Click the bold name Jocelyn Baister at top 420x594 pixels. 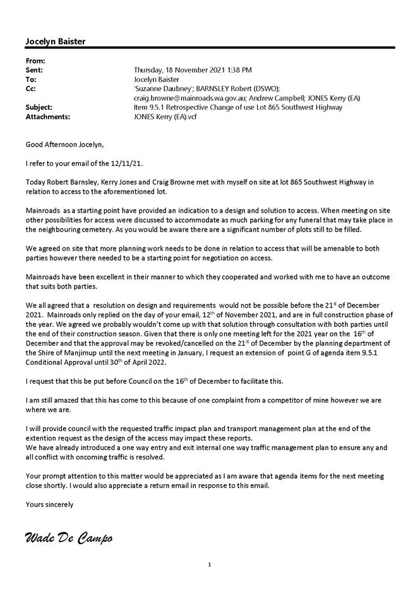click(x=56, y=42)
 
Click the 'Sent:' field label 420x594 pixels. click(x=34, y=70)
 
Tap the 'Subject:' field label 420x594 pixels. click(x=39, y=108)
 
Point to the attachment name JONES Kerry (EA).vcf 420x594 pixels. click(x=165, y=117)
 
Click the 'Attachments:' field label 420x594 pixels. click(x=48, y=117)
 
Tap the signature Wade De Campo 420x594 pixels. click(x=68, y=538)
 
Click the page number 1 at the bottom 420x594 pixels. click(x=210, y=565)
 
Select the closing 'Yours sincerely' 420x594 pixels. click(x=49, y=504)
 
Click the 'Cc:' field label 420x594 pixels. click(x=31, y=89)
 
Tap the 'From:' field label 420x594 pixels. click(x=33, y=61)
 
